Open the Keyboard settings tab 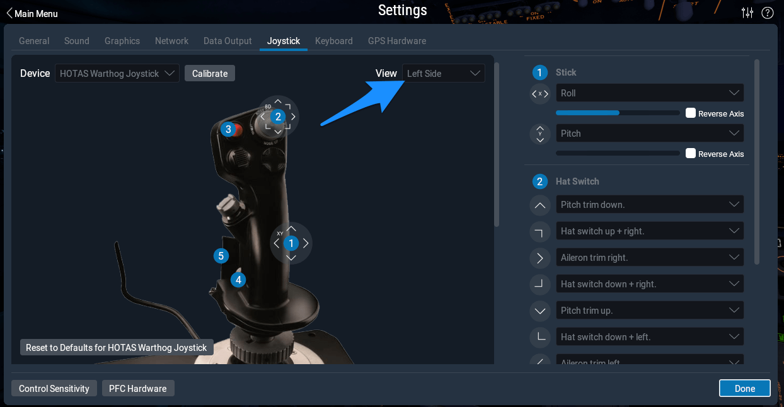point(333,41)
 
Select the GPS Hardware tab point(396,41)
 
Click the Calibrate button point(210,74)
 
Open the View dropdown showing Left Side point(444,74)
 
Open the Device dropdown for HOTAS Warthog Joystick point(117,74)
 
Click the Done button point(744,389)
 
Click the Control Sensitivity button point(54,389)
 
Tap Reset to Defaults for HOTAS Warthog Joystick point(117,348)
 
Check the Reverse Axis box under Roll point(691,113)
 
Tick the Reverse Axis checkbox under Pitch point(691,154)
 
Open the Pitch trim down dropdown point(649,205)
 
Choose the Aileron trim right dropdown point(649,258)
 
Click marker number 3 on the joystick point(229,129)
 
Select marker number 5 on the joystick point(221,256)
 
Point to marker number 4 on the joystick point(238,280)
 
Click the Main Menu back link point(32,13)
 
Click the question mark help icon point(767,13)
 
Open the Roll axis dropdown point(649,93)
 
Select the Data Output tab point(228,41)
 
